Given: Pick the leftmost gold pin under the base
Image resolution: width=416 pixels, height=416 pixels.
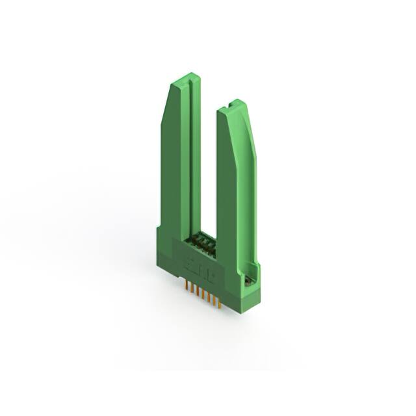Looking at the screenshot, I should point(186,286).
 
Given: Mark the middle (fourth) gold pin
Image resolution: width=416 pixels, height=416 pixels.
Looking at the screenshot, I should point(203,294).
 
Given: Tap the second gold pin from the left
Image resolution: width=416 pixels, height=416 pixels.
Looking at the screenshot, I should point(192,289).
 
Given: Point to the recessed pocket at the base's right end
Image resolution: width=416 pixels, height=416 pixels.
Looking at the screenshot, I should point(248,279).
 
